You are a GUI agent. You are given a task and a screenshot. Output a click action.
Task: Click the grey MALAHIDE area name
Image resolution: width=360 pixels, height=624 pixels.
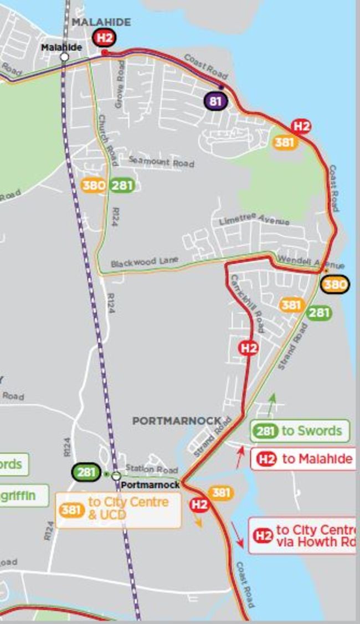coord(101,22)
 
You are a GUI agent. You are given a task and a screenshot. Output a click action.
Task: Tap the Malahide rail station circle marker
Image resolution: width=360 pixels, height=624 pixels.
coord(64,56)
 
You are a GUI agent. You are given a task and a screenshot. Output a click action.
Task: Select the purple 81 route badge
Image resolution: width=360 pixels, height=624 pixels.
coord(215,101)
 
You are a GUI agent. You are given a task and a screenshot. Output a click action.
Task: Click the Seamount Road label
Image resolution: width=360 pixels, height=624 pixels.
coord(161,162)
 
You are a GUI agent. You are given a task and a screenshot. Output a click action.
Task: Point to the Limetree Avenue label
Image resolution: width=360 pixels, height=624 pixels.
coord(254,219)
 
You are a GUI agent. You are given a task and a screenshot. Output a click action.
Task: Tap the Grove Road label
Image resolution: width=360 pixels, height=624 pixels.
coord(120,84)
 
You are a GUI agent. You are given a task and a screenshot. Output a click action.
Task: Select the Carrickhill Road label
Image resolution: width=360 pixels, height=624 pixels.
coord(247,303)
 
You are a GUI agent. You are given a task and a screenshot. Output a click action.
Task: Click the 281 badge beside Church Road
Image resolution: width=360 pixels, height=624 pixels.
coord(122,185)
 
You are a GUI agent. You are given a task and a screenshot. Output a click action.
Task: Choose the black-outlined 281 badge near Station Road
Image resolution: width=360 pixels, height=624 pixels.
coord(86,472)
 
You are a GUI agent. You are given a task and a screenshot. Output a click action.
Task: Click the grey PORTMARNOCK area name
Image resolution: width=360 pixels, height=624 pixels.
coord(177,421)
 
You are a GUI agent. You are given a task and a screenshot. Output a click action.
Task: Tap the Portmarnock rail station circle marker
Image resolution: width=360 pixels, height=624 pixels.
coord(116,476)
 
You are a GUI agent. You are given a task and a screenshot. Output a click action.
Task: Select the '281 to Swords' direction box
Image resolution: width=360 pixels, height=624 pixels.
coord(300,431)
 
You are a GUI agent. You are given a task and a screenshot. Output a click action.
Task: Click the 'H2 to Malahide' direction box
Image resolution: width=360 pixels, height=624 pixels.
coord(303,459)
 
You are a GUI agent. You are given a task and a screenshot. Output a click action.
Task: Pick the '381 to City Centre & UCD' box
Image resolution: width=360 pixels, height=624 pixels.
coord(119,509)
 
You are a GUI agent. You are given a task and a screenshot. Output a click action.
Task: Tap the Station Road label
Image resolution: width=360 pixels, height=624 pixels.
coord(151,469)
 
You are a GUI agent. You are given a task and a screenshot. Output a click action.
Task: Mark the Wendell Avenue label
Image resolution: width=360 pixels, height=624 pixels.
coord(310,262)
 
